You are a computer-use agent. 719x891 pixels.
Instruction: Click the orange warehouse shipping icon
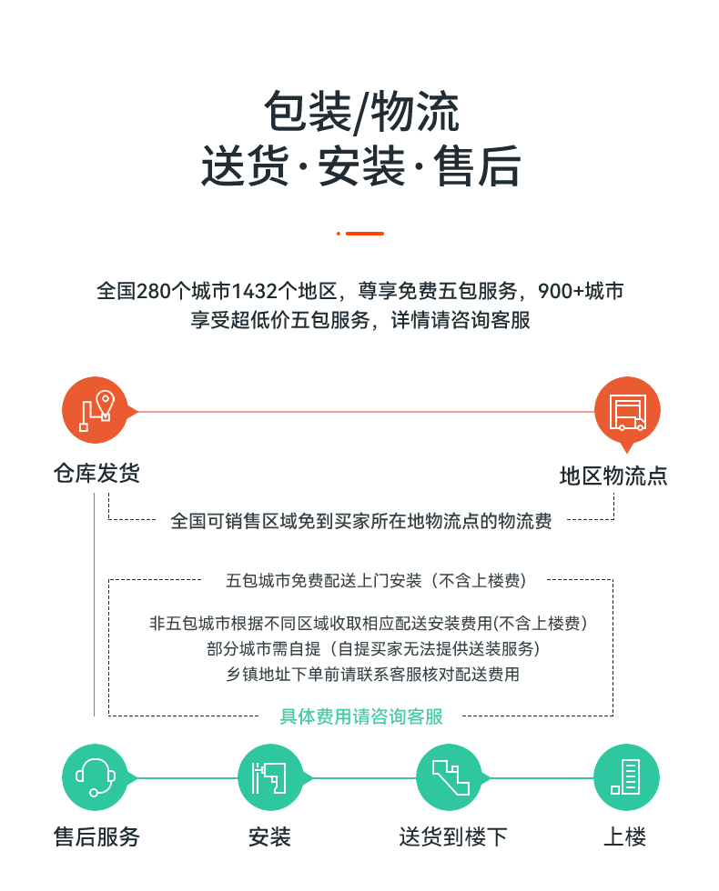pyautogui.click(x=96, y=410)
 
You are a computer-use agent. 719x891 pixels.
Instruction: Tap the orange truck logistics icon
pyautogui.click(x=627, y=411)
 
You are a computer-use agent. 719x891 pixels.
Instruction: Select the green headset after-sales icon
pyautogui.click(x=95, y=776)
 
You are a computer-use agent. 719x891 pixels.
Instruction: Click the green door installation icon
pyautogui.click(x=271, y=776)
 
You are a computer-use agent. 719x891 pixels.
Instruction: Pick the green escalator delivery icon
pyautogui.click(x=450, y=776)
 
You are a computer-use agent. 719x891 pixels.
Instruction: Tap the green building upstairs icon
pyautogui.click(x=626, y=776)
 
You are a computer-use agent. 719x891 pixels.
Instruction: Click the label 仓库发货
pyautogui.click(x=96, y=473)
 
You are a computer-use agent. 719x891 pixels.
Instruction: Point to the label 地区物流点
pyautogui.click(x=613, y=476)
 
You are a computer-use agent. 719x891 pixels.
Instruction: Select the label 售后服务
pyautogui.click(x=96, y=836)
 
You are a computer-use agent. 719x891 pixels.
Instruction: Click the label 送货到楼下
pyautogui.click(x=453, y=836)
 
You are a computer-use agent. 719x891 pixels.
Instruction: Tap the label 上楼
pyautogui.click(x=624, y=836)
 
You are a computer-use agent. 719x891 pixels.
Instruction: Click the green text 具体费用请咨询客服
pyautogui.click(x=361, y=716)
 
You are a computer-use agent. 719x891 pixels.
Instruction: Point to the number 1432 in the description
pyautogui.click(x=255, y=291)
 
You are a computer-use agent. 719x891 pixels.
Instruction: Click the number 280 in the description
pyautogui.click(x=154, y=291)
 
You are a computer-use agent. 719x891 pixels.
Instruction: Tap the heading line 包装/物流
pyautogui.click(x=361, y=111)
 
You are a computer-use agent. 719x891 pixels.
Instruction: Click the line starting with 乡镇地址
pyautogui.click(x=372, y=675)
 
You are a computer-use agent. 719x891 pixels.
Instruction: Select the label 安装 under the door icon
pyautogui.click(x=269, y=836)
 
